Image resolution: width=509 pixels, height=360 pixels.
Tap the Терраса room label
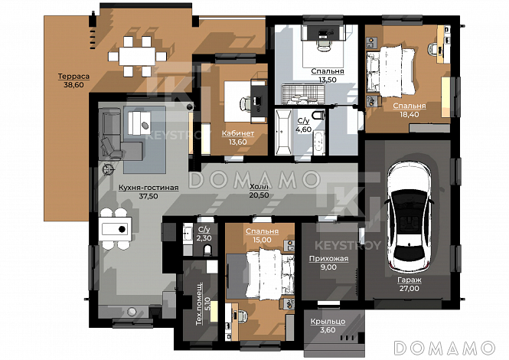coord(73,77)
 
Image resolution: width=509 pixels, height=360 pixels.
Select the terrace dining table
coord(137,57)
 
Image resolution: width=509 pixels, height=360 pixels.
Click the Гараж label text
coord(409,280)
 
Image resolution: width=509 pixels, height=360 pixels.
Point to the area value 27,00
coord(409,289)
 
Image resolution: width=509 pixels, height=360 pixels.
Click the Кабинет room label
coord(238,133)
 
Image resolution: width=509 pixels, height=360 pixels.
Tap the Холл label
coord(259,187)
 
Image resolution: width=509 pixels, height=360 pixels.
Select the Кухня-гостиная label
coord(148,188)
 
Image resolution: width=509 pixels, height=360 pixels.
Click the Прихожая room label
coord(328,259)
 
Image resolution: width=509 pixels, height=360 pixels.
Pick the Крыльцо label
coord(328,322)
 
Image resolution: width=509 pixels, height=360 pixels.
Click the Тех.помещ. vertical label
coord(200,303)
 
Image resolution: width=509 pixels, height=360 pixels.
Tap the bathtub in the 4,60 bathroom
coord(283,133)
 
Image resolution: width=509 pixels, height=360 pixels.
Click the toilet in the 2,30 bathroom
coord(207,250)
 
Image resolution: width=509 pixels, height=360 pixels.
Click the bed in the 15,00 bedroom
coord(270,273)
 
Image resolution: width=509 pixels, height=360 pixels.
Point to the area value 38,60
coord(73,85)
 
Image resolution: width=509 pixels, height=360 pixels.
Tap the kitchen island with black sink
coord(116,229)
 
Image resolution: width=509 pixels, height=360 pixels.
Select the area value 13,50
coord(328,80)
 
